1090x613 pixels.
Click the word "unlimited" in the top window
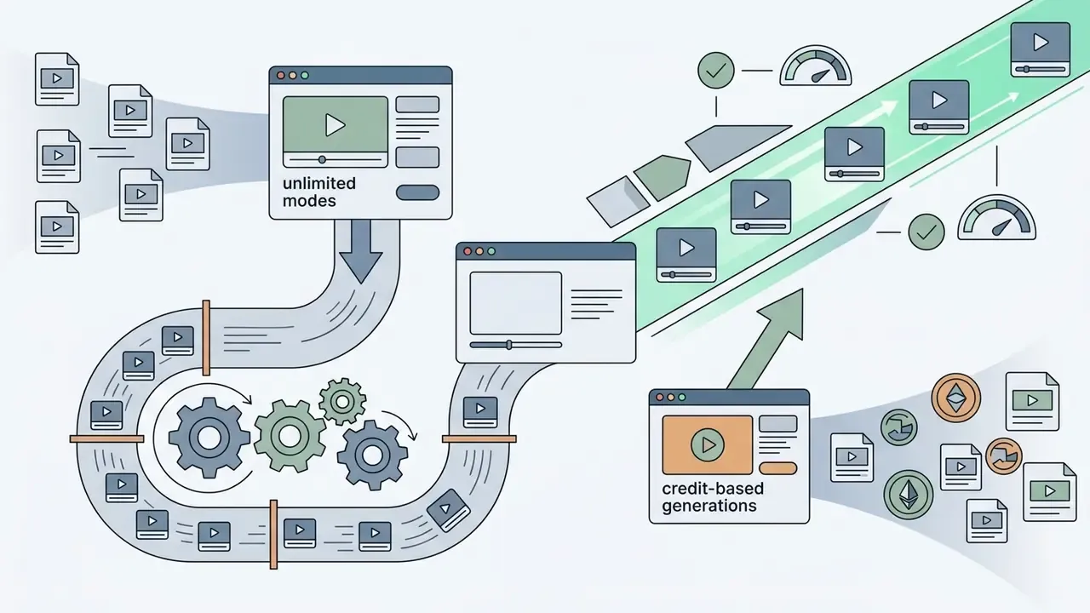319,183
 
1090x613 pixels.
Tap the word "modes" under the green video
309,200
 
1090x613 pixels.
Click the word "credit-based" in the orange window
713,489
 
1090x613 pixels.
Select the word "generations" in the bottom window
709,506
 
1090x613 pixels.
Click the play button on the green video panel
336,125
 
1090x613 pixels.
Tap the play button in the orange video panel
707,444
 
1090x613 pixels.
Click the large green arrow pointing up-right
769,341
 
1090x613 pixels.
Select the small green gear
342,402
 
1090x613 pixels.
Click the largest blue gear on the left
209,438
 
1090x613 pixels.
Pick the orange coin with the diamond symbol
955,398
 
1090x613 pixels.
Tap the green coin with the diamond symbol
909,495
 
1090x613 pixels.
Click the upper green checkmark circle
716,71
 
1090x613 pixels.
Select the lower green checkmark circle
926,232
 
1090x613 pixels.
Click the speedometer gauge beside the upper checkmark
816,66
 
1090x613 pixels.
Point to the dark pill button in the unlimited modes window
417,192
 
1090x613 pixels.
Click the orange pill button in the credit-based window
778,468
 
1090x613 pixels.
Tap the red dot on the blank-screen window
468,251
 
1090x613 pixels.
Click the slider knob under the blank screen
509,345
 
